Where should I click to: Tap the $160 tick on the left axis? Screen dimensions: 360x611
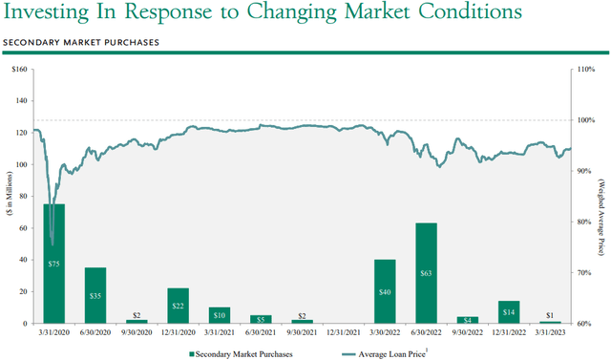19,71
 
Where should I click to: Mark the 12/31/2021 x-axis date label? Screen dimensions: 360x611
344,333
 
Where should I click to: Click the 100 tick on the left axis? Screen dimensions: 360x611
20,165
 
